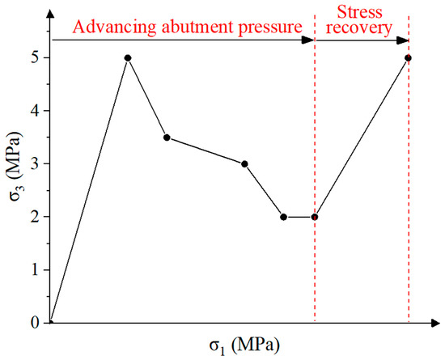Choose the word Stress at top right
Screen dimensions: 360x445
pos(362,10)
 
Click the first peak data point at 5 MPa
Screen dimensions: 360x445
pos(128,57)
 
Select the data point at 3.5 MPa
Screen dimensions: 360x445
pos(167,138)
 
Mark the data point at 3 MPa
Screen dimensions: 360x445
pos(244,164)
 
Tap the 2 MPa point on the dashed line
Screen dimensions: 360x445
pos(314,217)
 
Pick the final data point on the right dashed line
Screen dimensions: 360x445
pos(408,57)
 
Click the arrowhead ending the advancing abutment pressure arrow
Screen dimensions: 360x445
pos(309,39)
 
